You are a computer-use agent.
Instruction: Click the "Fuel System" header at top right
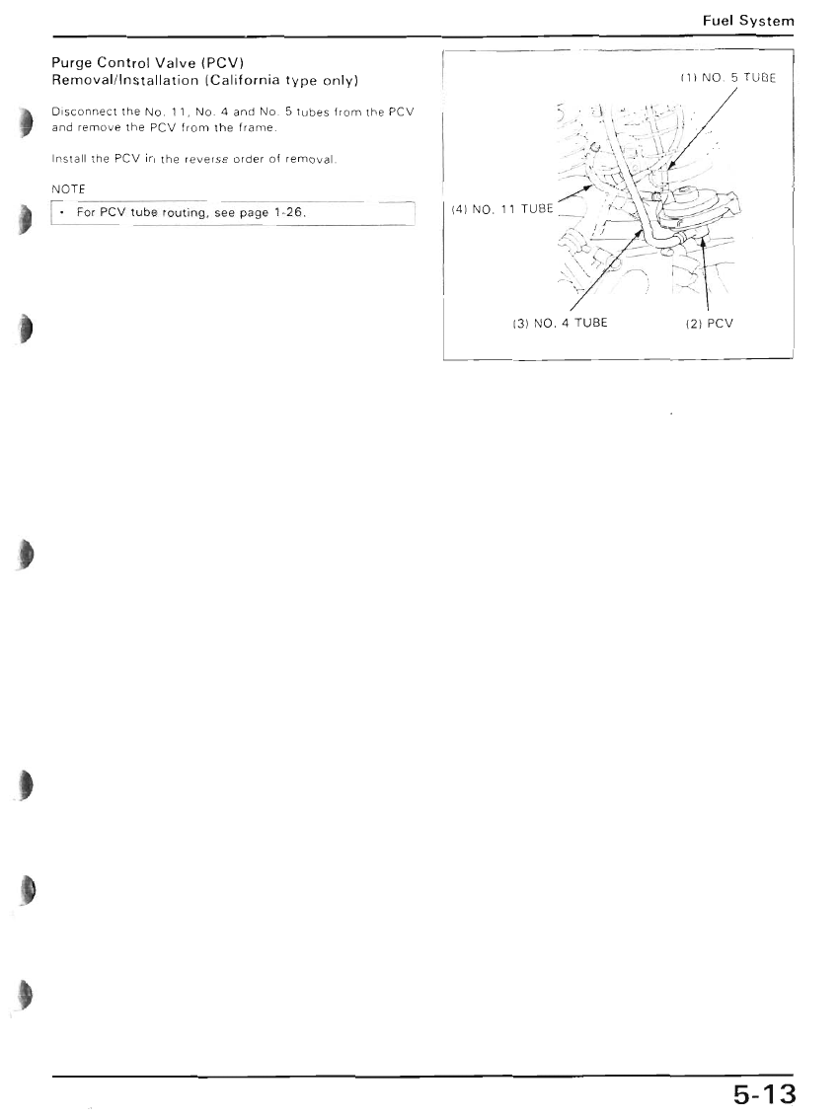tap(748, 21)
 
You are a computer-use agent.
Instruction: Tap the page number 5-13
tap(764, 1093)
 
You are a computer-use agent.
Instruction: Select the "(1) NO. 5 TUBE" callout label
tap(726, 78)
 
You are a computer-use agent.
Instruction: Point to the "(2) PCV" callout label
tap(710, 323)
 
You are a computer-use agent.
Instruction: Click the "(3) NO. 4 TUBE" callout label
tap(561, 323)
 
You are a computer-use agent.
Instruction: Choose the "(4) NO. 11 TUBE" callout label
tap(502, 209)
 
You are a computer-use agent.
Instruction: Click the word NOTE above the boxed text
tap(68, 188)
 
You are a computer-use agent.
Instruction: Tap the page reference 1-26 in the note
tap(289, 212)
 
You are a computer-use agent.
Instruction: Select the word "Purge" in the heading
tap(71, 63)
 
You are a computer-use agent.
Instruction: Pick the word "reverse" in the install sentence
tap(206, 159)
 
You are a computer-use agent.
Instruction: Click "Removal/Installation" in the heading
tap(124, 80)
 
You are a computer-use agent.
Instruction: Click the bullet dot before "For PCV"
tap(64, 212)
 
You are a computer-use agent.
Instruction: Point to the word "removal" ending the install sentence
tap(310, 159)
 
